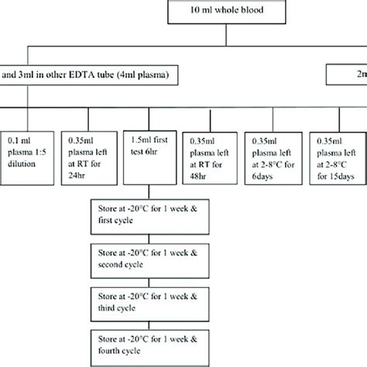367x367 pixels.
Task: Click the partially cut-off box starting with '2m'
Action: coord(348,76)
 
